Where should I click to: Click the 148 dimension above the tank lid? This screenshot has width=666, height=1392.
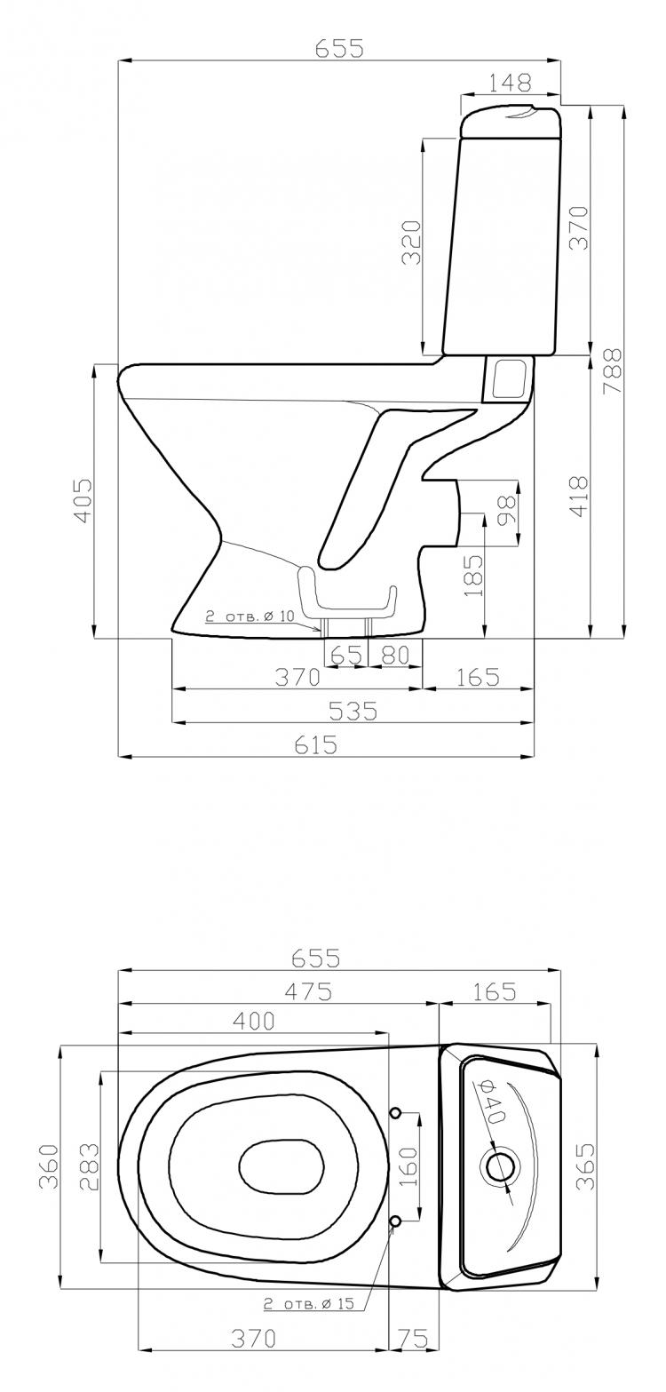coord(511,81)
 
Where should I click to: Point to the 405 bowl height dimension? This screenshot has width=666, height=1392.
coord(83,499)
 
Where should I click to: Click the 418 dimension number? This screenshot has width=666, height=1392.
coord(579,497)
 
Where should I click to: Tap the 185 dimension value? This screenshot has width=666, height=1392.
coord(474,575)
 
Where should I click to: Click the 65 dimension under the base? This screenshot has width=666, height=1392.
coord(346,655)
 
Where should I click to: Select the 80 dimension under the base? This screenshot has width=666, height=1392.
coord(394,655)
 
